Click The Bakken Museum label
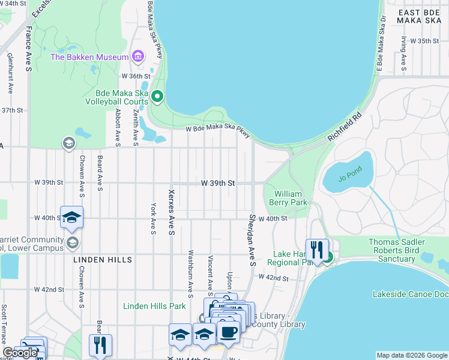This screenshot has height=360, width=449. [x=89, y=57]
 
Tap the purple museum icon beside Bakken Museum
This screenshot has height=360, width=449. [x=139, y=57]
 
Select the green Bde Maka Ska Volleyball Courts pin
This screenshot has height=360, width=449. [x=157, y=96]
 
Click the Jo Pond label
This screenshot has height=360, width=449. [x=352, y=178]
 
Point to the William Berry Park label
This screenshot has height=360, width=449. [x=291, y=198]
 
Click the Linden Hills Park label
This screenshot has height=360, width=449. [x=154, y=306]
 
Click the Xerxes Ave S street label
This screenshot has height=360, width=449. [x=172, y=212]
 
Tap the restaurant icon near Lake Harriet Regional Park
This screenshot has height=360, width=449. [x=316, y=249]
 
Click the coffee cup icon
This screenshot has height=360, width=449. [x=228, y=331]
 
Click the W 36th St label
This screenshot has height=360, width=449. [x=135, y=76]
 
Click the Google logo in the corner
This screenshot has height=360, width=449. [x=20, y=353]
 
